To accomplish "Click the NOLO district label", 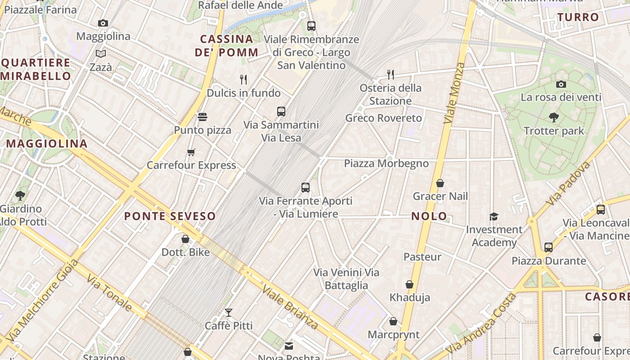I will point(429,216).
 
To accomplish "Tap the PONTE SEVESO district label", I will point(170,216).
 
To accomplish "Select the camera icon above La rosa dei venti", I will point(561,84).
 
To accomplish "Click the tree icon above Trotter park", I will point(554,117).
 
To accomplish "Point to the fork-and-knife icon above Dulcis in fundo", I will point(243,80).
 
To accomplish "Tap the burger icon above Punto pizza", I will point(202,117).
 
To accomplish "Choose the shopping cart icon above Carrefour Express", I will point(191,152).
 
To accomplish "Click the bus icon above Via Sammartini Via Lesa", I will point(281,111).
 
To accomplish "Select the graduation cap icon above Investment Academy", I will point(494,216).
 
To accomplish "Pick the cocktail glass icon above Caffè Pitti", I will point(229,312).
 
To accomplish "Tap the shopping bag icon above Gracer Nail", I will point(440,183).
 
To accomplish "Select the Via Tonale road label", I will point(109,293).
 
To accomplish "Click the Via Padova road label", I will point(568,184).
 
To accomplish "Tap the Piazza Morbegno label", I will point(386,163).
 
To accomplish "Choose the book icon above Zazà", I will point(101,54).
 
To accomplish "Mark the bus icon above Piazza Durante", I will point(548,247).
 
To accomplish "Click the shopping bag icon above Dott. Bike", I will point(185,239).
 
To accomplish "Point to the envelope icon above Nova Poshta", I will point(289,346).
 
